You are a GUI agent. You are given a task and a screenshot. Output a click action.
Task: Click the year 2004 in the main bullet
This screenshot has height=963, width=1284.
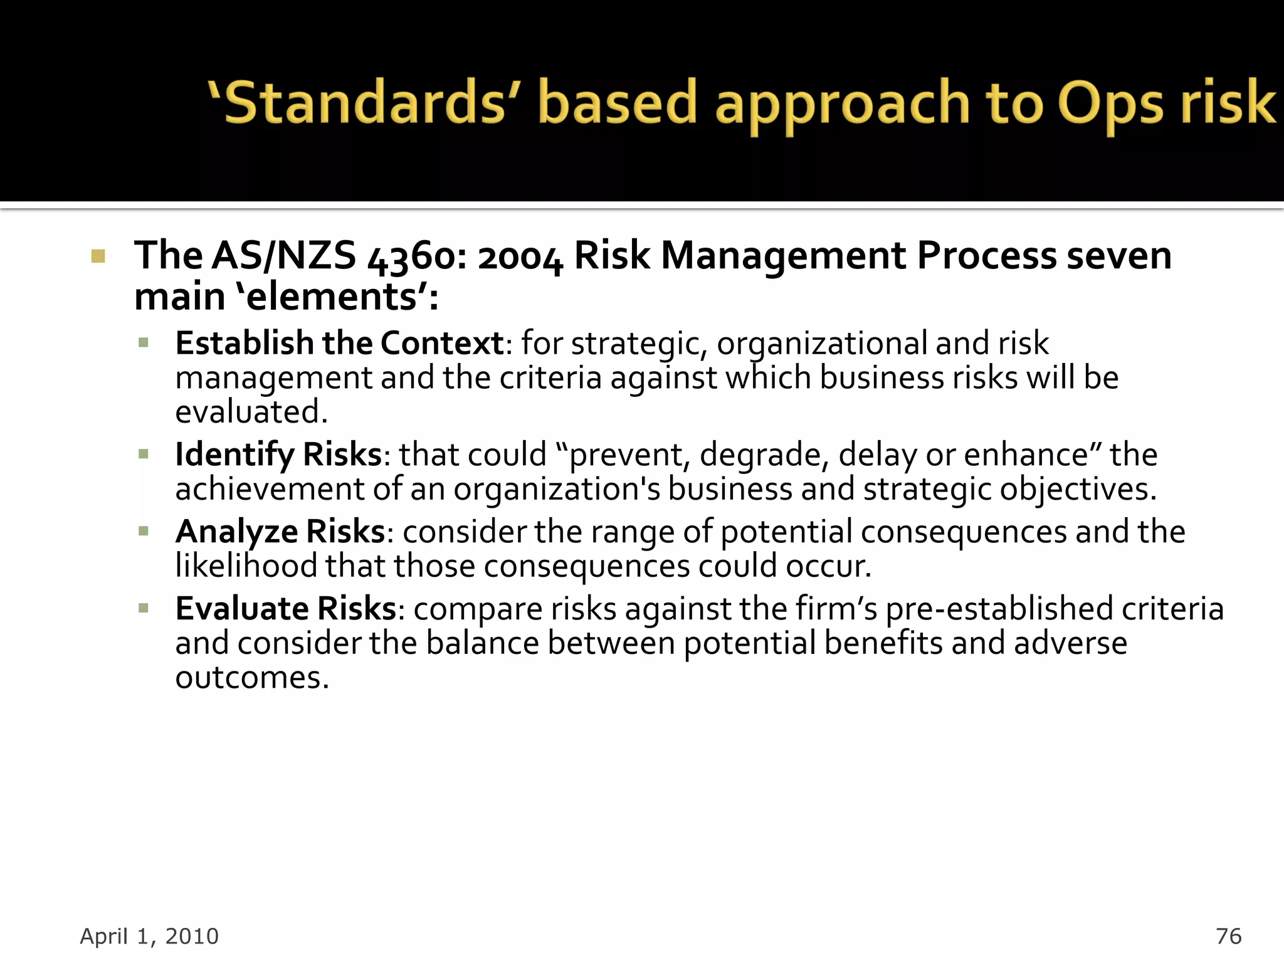[520, 258]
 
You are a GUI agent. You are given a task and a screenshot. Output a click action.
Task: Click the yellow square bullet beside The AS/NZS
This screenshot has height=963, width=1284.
[98, 256]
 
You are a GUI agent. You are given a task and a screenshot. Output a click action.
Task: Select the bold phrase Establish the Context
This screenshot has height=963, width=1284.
[339, 343]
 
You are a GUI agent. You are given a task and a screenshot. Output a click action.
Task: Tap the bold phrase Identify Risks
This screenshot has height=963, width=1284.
[278, 454]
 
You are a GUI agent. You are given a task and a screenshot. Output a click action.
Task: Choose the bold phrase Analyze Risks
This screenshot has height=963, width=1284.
[280, 532]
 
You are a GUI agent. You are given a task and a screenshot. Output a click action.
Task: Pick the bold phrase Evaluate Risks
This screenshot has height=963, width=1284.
[286, 609]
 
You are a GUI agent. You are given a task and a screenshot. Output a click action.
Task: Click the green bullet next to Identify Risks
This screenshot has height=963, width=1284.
[144, 454]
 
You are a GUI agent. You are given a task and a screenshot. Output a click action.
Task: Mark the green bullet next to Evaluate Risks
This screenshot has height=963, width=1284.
[144, 608]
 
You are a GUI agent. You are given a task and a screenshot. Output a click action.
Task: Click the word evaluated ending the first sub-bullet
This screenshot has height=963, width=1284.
[251, 413]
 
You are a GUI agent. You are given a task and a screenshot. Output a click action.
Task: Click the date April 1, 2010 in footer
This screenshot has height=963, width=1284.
[149, 936]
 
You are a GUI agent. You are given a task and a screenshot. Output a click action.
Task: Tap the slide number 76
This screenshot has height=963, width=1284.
[1228, 936]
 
